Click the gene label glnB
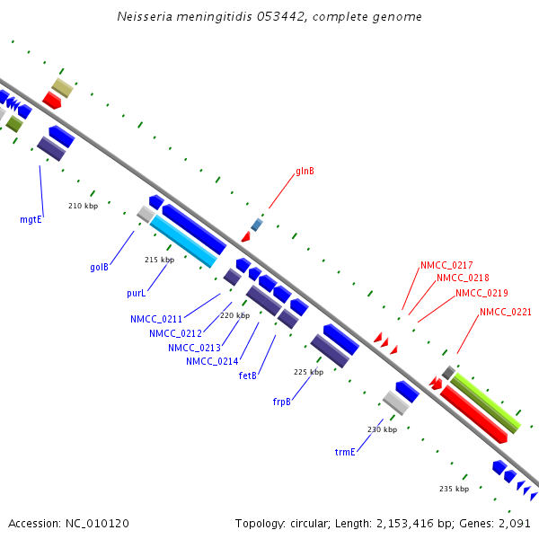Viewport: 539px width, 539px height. click(305, 171)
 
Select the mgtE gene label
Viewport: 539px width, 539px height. click(31, 218)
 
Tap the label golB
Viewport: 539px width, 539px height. click(99, 267)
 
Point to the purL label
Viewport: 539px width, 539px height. click(137, 293)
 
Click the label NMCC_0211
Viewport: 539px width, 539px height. click(156, 319)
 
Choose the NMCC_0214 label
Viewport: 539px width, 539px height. click(212, 361)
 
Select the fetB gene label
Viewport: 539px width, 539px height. click(248, 376)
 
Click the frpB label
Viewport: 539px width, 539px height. click(282, 402)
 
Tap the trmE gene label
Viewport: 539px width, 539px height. click(346, 452)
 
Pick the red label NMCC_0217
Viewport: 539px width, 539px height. click(446, 265)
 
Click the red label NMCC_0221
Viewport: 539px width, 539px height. click(506, 312)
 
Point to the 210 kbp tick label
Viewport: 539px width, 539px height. click(83, 206)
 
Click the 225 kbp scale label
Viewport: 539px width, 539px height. click(308, 372)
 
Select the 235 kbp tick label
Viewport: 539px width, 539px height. click(455, 489)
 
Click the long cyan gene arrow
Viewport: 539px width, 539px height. click(184, 242)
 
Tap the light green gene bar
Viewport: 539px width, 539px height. click(485, 402)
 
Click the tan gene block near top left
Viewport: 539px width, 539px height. click(62, 87)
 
